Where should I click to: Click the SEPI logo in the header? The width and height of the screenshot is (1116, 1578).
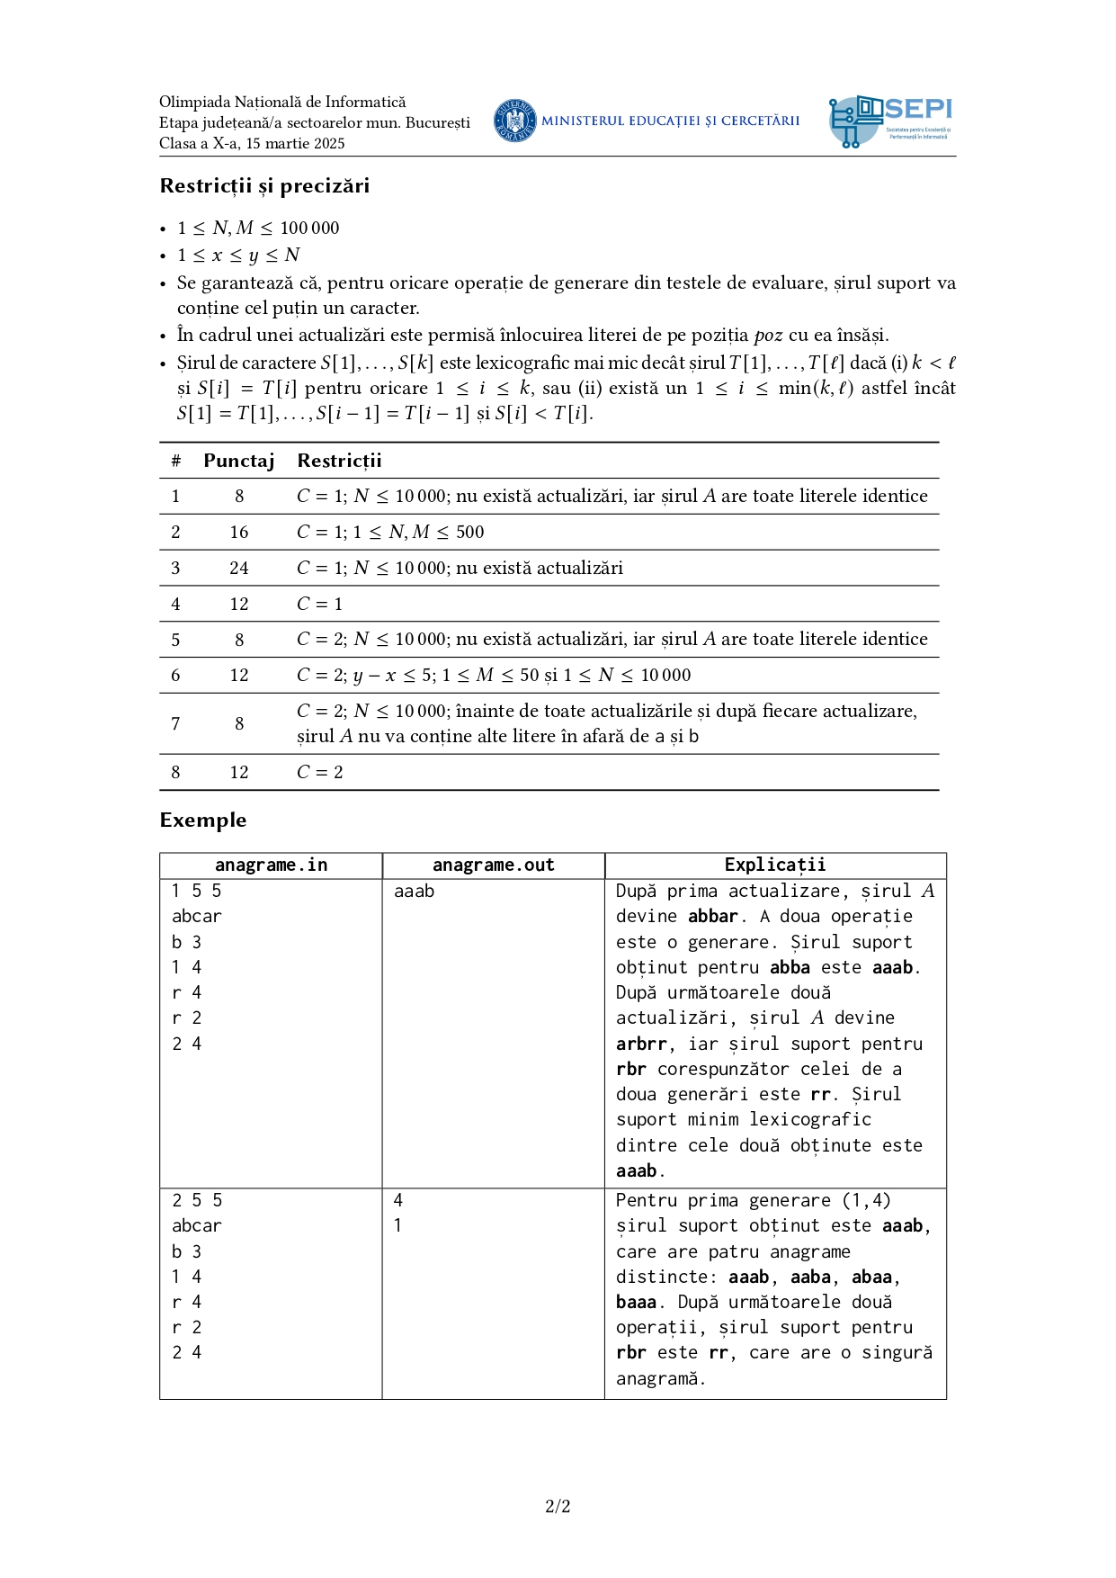(x=890, y=121)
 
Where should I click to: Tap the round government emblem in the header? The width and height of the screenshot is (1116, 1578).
(x=514, y=121)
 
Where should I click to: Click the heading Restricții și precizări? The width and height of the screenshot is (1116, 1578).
(x=264, y=186)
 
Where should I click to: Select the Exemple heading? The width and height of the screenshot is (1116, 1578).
(x=203, y=820)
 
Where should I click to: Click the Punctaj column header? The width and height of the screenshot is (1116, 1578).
(x=238, y=461)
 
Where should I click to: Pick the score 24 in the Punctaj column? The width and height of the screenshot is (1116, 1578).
(x=238, y=568)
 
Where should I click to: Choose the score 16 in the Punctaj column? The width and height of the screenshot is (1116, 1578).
(x=238, y=532)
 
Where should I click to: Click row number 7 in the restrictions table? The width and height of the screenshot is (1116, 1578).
(x=175, y=723)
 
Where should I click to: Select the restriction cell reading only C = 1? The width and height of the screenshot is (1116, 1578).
(x=319, y=604)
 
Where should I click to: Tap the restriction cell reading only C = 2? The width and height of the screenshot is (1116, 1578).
(x=319, y=772)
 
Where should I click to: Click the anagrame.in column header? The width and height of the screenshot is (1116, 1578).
(x=271, y=865)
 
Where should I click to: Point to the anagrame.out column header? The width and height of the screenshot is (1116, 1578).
(x=493, y=865)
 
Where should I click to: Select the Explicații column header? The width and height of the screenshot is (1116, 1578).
(x=775, y=865)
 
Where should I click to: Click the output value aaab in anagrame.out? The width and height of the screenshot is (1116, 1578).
(x=414, y=892)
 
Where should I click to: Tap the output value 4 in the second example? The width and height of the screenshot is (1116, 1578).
(x=398, y=1200)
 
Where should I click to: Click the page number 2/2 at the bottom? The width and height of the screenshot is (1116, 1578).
(x=558, y=1506)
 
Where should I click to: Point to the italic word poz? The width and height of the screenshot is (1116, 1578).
(x=768, y=336)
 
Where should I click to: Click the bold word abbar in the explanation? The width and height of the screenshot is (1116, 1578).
(x=713, y=917)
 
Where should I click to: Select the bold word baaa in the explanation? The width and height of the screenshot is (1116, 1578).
(x=636, y=1302)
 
